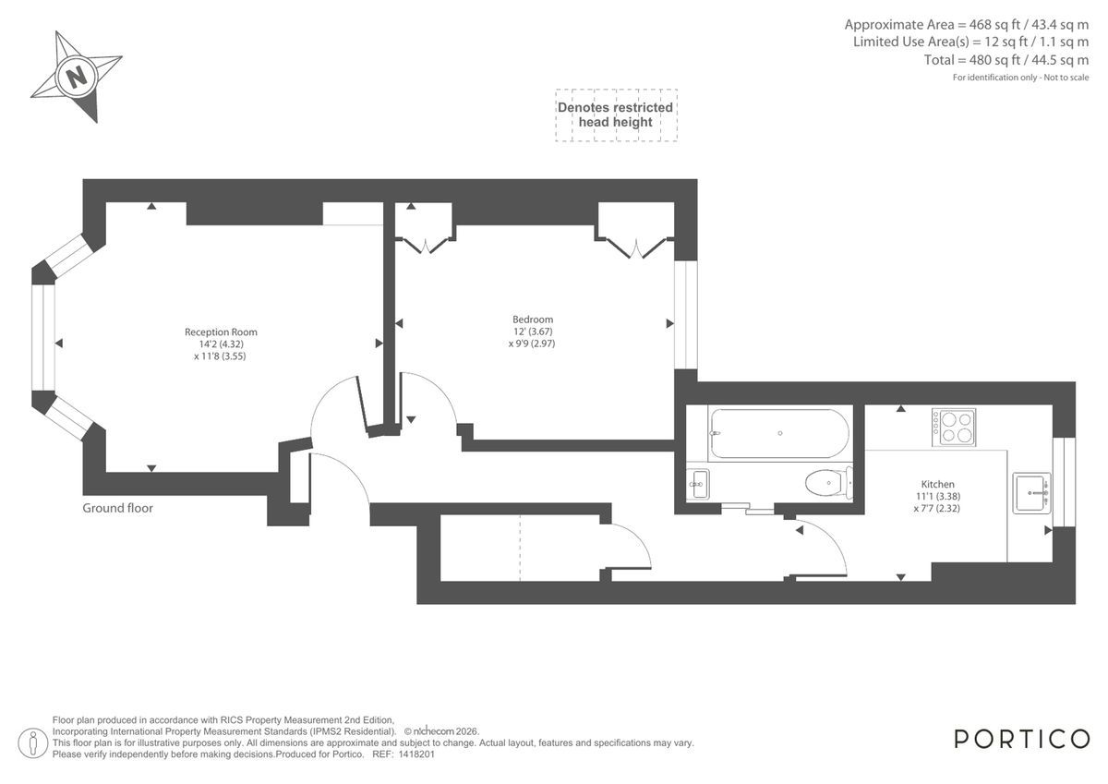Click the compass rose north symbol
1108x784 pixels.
pos(77,75)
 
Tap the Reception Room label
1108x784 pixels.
pos(221,332)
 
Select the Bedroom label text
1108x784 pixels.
pos(533,320)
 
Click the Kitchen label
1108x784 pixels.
pos(937,484)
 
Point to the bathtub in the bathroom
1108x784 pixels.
pos(777,433)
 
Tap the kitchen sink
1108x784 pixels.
pos(1031,492)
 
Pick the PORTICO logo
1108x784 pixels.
pos(1021,739)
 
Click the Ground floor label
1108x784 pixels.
pos(118,508)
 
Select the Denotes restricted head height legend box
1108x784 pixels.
pos(616,115)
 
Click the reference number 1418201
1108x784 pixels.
pos(415,754)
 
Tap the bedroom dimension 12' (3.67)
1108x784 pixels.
pos(533,332)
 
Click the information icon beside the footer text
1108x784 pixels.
pos(35,741)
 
